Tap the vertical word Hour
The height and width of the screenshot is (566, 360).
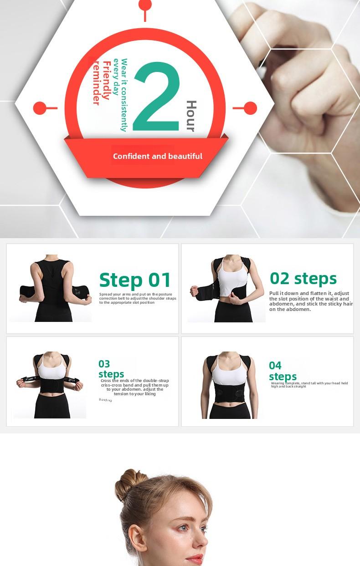click(190, 116)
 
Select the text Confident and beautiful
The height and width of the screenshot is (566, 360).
click(157, 156)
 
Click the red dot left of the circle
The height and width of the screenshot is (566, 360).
click(40, 108)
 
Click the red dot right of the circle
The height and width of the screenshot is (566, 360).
click(250, 108)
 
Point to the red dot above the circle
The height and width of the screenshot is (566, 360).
click(145, 5)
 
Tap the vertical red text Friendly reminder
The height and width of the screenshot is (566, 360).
click(101, 82)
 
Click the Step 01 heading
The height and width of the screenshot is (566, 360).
click(135, 280)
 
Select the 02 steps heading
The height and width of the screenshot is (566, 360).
click(303, 278)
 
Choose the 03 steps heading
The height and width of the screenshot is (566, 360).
click(111, 369)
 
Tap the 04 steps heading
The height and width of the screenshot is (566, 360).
click(282, 371)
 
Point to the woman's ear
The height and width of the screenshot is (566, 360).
click(136, 539)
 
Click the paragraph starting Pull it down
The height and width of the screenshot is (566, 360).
click(310, 301)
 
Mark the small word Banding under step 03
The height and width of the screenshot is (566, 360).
click(105, 400)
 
